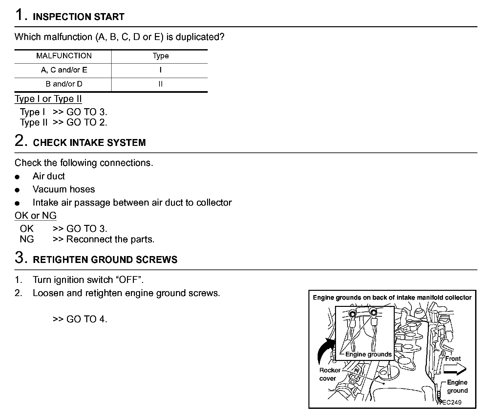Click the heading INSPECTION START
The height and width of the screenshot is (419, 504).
pyautogui.click(x=78, y=17)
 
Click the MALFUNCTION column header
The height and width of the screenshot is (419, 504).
pyautogui.click(x=64, y=56)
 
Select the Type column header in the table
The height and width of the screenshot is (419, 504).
pyautogui.click(x=160, y=56)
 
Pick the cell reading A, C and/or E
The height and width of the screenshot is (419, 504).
pyautogui.click(x=64, y=70)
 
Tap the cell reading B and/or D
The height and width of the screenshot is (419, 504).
pyautogui.click(x=64, y=84)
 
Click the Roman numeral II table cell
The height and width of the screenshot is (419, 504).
pyautogui.click(x=160, y=84)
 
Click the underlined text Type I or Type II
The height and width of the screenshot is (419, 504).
pyautogui.click(x=48, y=99)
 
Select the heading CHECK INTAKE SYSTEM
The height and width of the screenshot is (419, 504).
pyautogui.click(x=89, y=143)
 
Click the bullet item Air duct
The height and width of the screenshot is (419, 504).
pyautogui.click(x=49, y=176)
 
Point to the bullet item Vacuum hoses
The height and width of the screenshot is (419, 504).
pyautogui.click(x=64, y=189)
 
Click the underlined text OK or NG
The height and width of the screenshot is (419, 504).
pyautogui.click(x=35, y=215)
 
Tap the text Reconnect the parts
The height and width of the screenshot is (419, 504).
pyautogui.click(x=110, y=239)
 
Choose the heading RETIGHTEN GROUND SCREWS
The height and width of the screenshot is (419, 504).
pyautogui.click(x=105, y=260)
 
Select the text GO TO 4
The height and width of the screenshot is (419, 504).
pyautogui.click(x=87, y=319)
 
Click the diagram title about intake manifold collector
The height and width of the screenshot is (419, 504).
pyautogui.click(x=392, y=298)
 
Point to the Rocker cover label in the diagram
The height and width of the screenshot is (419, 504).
pyautogui.click(x=329, y=374)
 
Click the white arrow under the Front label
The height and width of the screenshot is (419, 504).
pyautogui.click(x=454, y=369)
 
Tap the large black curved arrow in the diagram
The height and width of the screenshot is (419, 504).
pyautogui.click(x=325, y=351)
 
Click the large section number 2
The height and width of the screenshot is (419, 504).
pyautogui.click(x=20, y=141)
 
